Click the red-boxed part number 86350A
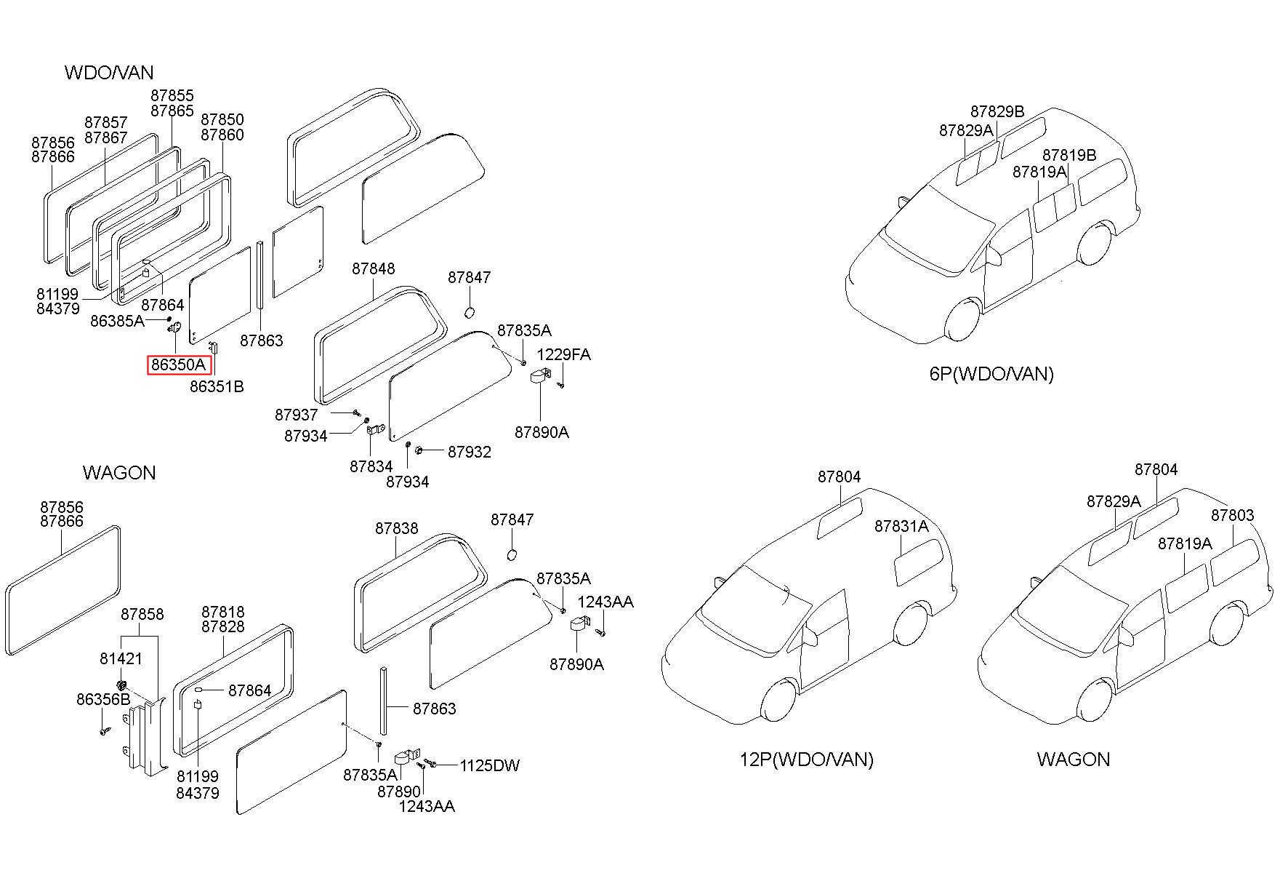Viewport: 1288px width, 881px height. pyautogui.click(x=180, y=364)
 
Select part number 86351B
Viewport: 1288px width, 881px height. pyautogui.click(x=217, y=386)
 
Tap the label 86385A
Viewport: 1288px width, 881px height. pyautogui.click(x=117, y=320)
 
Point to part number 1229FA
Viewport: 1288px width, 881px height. pyautogui.click(x=563, y=354)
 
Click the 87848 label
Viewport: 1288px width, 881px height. pyautogui.click(x=374, y=268)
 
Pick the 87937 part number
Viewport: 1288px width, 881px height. pyautogui.click(x=296, y=415)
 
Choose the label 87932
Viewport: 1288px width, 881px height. pyautogui.click(x=470, y=452)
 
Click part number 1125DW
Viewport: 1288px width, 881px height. pyautogui.click(x=489, y=765)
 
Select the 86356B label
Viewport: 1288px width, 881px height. pyautogui.click(x=103, y=699)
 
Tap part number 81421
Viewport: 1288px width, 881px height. pyautogui.click(x=121, y=658)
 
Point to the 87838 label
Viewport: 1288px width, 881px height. pyautogui.click(x=397, y=528)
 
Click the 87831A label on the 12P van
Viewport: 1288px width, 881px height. pyautogui.click(x=901, y=526)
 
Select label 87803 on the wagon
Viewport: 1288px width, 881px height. pyautogui.click(x=1232, y=515)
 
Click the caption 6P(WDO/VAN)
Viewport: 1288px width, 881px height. pyautogui.click(x=991, y=374)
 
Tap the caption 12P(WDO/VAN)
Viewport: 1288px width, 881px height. pyautogui.click(x=806, y=760)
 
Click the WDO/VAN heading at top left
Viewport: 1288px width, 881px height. pyautogui.click(x=109, y=72)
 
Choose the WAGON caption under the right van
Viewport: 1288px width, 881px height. pyautogui.click(x=1073, y=760)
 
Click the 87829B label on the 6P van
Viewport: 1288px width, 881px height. pyautogui.click(x=997, y=111)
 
